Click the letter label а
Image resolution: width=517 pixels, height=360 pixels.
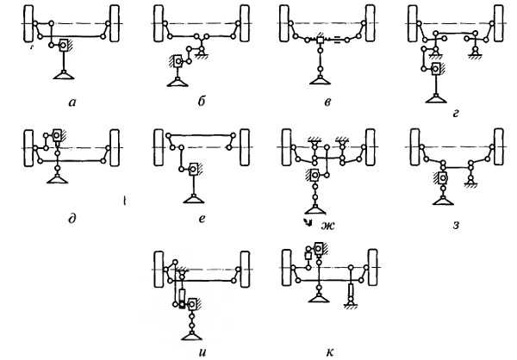72,102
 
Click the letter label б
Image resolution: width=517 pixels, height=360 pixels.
202,101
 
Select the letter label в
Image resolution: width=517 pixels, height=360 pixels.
327,102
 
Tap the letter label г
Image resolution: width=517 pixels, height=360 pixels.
456,114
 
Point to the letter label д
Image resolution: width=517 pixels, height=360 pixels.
72,219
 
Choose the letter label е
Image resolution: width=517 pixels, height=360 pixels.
202,219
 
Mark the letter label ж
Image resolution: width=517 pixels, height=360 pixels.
327,226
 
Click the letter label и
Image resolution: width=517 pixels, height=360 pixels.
202,352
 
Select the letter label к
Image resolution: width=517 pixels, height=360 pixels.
330,352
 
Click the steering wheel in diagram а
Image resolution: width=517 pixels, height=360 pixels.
64,75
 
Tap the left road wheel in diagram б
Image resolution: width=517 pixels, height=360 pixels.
159,23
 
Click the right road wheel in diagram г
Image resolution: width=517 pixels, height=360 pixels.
499,23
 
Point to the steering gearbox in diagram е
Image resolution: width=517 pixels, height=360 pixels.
194,170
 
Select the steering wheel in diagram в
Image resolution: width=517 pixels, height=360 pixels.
320,79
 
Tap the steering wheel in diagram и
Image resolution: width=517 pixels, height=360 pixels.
192,335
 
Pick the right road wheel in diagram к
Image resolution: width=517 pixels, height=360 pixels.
373,267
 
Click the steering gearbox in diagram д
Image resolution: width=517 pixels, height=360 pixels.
58,135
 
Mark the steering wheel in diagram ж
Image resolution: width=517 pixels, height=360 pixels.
315,209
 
